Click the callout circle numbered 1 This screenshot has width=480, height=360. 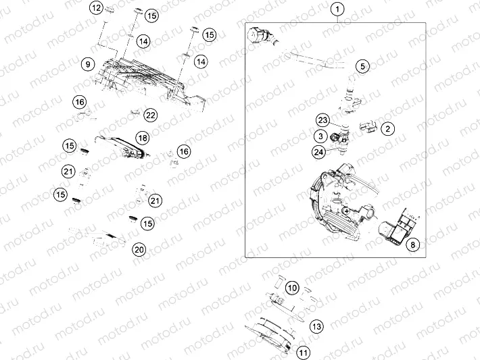coord(337,9)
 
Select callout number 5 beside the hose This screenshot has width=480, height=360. coord(362,66)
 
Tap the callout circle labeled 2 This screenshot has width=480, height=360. coord(388,129)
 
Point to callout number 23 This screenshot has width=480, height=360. coord(322,120)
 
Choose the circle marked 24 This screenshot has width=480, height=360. coord(318,152)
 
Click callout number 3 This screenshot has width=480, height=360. coord(320,136)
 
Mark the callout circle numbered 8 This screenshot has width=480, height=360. coord(412,245)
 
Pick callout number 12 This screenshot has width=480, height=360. coord(97,7)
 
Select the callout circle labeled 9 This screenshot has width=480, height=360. coord(88,64)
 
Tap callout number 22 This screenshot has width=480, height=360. coord(150,115)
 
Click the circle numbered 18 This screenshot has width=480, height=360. coord(143,138)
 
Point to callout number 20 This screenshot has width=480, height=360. coord(139,250)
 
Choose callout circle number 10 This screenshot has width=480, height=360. coord(292,288)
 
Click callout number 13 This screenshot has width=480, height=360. coord(316,327)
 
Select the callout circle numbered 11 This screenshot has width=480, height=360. coord(303,353)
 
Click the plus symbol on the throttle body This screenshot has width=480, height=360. coord(347,211)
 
